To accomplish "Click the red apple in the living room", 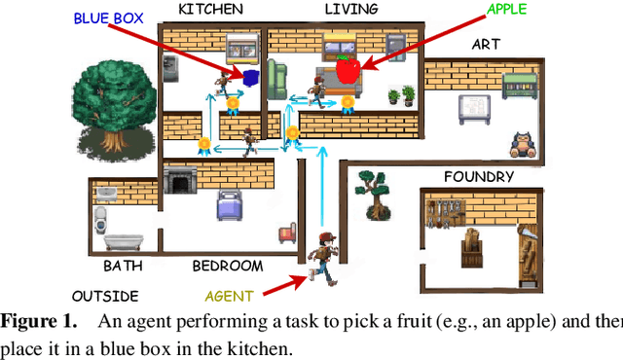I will click(x=348, y=69).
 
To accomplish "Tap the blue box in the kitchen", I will click(x=251, y=76).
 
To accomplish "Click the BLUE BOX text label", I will click(x=109, y=18).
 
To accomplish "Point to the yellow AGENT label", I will click(x=229, y=296).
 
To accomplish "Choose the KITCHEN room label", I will click(x=211, y=9).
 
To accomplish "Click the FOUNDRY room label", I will click(x=478, y=176).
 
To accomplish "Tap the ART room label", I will click(x=486, y=44).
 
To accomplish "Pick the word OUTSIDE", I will click(x=105, y=296).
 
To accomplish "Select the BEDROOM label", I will click(x=227, y=265).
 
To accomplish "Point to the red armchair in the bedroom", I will click(x=287, y=234).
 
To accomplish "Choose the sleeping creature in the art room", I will click(x=526, y=144).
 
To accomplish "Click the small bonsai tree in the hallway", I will click(x=372, y=191).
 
